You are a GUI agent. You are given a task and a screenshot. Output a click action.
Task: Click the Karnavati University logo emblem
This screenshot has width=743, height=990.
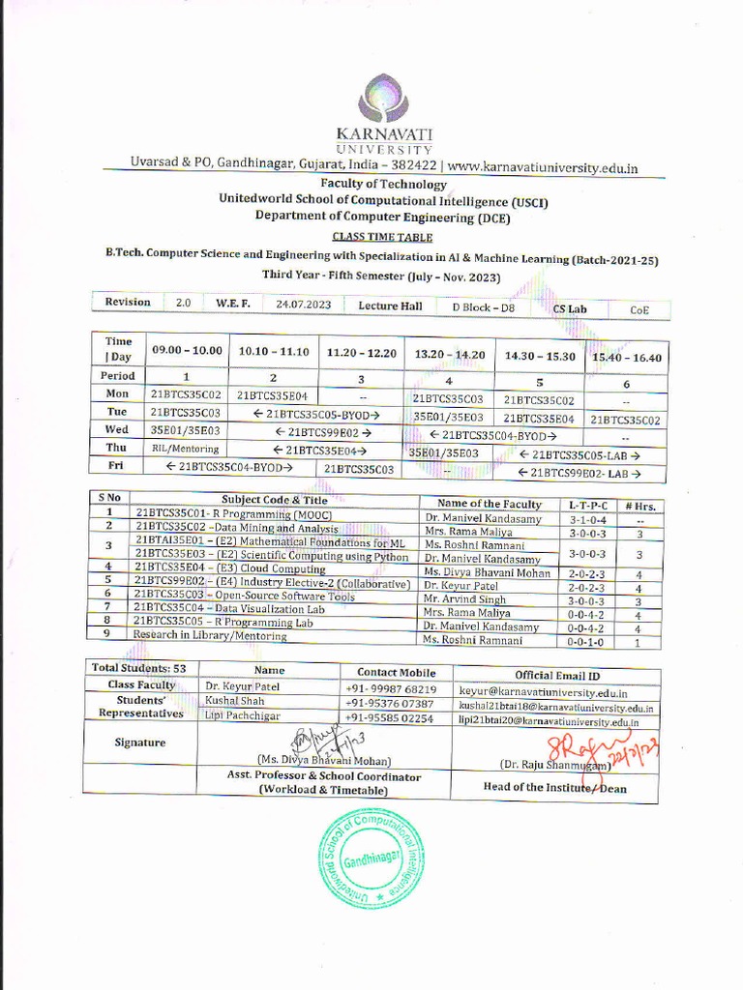[383, 99]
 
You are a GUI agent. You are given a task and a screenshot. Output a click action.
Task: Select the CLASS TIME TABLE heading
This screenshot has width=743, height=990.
[383, 237]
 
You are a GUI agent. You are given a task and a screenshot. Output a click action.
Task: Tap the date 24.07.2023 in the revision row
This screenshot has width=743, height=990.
[303, 304]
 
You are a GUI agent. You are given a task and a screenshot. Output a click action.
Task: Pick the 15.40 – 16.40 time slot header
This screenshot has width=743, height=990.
[626, 358]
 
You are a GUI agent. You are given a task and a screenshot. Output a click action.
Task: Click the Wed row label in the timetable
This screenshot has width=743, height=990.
[117, 429]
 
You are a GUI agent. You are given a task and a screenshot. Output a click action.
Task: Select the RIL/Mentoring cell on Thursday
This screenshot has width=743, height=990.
[185, 449]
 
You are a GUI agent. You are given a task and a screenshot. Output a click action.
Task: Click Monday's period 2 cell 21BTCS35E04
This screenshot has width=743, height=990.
[272, 394]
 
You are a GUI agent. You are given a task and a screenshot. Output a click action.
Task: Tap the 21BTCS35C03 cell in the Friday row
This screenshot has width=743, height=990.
[360, 469]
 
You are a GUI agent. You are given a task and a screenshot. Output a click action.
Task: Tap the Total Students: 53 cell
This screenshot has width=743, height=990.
[139, 669]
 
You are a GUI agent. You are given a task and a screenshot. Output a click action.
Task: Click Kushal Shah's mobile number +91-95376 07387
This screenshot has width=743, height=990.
[390, 704]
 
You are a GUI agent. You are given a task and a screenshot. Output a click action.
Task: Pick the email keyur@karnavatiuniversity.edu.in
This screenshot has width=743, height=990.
[542, 692]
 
